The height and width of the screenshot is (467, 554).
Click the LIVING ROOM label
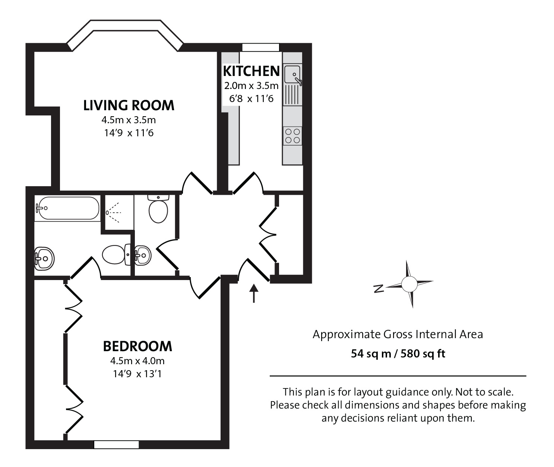(x=129, y=105)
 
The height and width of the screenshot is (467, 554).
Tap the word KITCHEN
(x=251, y=71)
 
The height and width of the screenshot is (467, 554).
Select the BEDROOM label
(x=137, y=346)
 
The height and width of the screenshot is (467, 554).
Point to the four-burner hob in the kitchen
(x=292, y=136)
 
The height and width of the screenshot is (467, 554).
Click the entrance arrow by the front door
(x=254, y=293)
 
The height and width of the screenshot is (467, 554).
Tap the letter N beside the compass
(x=379, y=288)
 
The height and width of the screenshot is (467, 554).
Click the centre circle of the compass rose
(x=409, y=284)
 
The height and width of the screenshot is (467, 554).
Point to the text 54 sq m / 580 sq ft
(x=398, y=353)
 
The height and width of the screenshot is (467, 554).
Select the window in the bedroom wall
(x=116, y=445)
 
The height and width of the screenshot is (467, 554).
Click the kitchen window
(x=260, y=47)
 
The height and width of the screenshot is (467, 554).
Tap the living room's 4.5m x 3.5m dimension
(x=129, y=120)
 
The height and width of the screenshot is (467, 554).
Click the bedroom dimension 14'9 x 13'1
(x=137, y=374)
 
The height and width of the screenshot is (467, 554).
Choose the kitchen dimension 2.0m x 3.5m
(x=251, y=86)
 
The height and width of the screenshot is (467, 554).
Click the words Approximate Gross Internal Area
(x=398, y=334)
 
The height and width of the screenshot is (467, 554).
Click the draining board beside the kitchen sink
(x=292, y=95)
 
